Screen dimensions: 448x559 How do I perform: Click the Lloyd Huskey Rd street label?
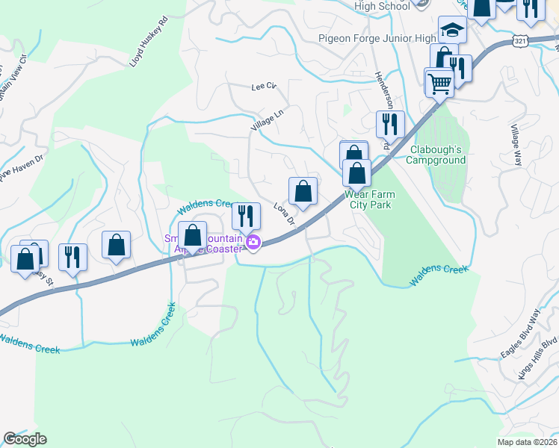tap(149, 49)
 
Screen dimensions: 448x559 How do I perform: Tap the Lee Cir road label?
tap(264, 87)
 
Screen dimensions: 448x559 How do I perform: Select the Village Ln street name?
tap(268, 122)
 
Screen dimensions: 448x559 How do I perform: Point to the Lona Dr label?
tap(285, 214)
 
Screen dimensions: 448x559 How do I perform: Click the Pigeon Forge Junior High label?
tap(377, 39)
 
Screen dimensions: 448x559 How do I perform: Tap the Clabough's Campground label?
tap(436, 155)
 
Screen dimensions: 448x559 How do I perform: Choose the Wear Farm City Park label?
tap(369, 199)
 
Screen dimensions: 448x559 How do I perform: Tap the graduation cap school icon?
tap(452, 31)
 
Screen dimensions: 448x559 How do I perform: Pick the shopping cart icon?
tap(439, 81)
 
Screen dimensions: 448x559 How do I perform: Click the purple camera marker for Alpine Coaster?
tap(253, 242)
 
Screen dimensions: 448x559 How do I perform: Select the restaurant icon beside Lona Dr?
tap(245, 217)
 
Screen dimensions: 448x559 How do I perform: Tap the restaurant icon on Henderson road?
tap(390, 125)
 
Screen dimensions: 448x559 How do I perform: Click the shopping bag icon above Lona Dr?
tap(303, 191)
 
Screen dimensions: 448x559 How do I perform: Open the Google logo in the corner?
tap(25, 439)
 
